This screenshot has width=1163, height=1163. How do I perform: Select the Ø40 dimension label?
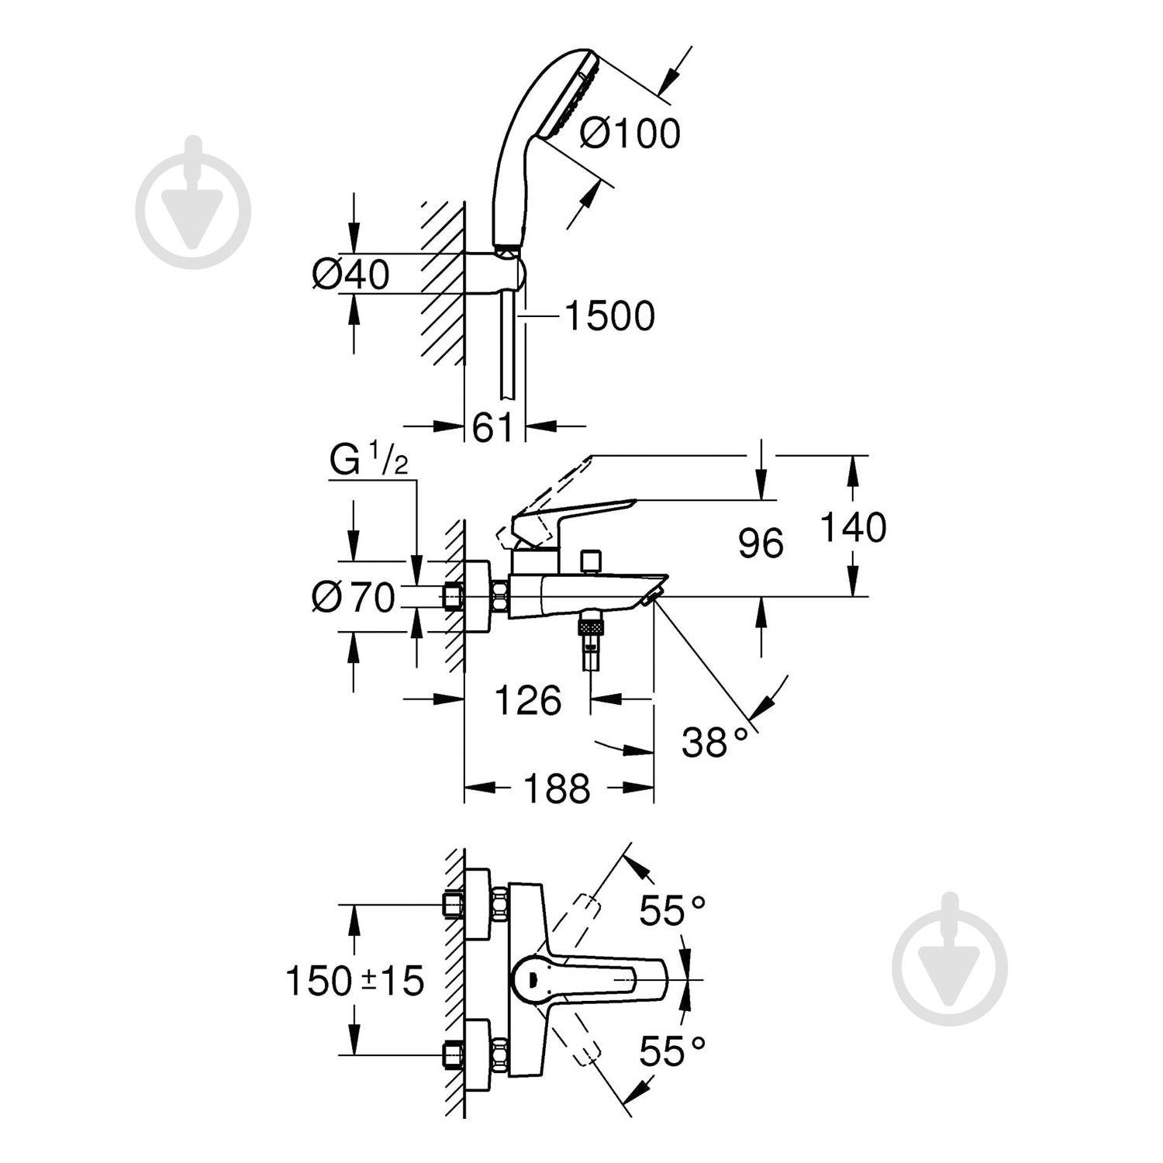click(x=350, y=274)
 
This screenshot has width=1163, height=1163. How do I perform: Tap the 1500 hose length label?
click(x=609, y=316)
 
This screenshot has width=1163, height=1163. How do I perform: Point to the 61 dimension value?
click(x=493, y=426)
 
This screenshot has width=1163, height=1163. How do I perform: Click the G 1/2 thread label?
click(x=368, y=461)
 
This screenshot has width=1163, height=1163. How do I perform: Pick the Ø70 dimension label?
click(x=354, y=597)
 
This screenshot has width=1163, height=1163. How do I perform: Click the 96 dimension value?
click(x=761, y=543)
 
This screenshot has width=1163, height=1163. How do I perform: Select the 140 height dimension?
click(x=853, y=527)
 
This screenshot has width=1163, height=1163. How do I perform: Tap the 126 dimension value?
click(x=528, y=701)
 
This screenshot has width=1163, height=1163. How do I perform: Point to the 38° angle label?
click(x=714, y=742)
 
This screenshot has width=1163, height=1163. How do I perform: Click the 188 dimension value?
click(x=557, y=789)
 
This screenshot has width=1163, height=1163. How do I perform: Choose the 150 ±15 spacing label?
click(x=355, y=981)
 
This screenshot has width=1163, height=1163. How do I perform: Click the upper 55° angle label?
click(x=672, y=911)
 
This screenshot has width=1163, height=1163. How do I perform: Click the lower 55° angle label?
click(x=672, y=1052)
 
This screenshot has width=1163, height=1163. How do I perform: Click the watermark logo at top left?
click(x=193, y=202)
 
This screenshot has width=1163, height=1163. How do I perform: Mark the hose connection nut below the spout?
click(x=592, y=625)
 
